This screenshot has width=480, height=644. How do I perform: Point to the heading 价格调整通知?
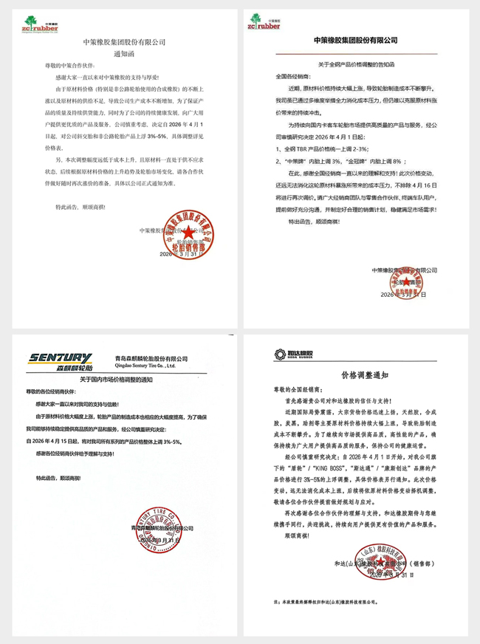[359, 374]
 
